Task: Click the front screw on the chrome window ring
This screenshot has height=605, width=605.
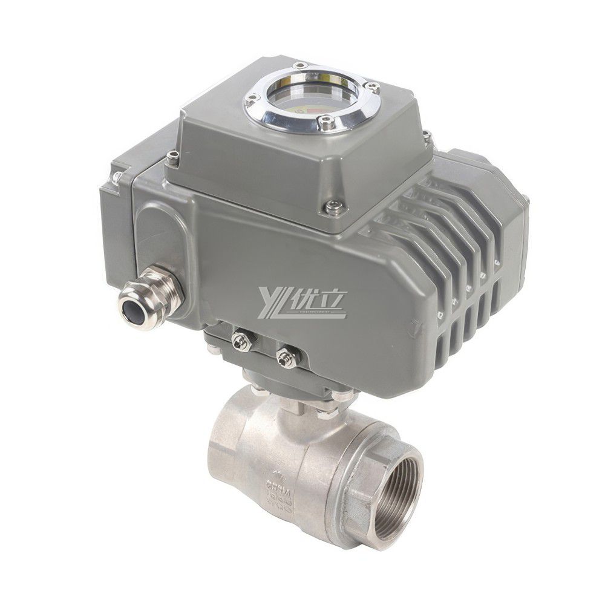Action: pos(327,125)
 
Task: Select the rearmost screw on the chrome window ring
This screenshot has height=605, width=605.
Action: pos(301,65)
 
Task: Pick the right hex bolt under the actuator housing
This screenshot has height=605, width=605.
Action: pos(286,358)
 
